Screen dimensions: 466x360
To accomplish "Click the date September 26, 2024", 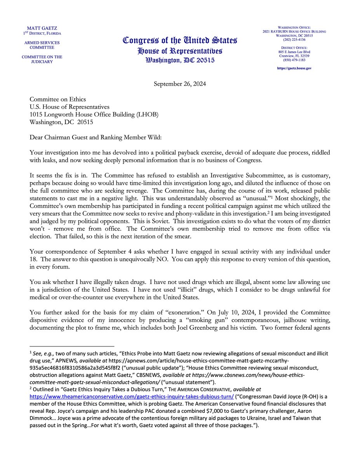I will tap(180, 83).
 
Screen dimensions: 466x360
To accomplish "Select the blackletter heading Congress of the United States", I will tap(180, 40).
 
